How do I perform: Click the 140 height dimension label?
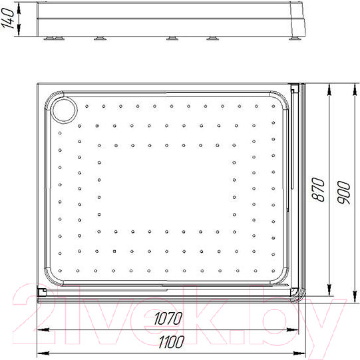pyautogui.click(x=8, y=20)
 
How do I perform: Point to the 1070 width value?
pyautogui.click(x=165, y=319)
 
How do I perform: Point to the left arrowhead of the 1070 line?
pyautogui.click(x=44, y=329)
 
